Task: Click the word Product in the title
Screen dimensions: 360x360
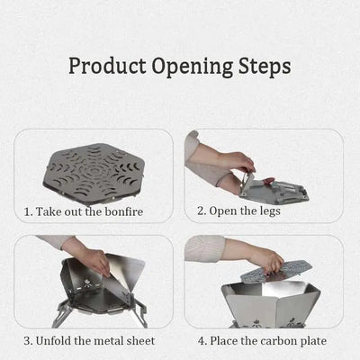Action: tap(107, 66)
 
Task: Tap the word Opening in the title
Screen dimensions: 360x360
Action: tap(193, 67)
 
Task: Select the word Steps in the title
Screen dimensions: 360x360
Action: tap(265, 67)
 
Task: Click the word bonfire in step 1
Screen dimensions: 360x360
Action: tap(124, 211)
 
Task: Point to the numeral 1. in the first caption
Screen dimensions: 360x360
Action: tap(29, 212)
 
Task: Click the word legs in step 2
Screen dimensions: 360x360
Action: tap(270, 211)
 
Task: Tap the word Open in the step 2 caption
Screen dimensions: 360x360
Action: tap(221, 211)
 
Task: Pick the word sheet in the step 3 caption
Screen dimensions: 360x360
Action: tap(140, 341)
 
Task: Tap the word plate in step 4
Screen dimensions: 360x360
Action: tap(312, 342)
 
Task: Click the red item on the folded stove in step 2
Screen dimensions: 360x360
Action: tap(268, 181)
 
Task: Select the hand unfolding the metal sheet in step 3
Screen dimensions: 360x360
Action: tap(90, 256)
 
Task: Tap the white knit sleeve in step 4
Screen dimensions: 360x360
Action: tap(204, 248)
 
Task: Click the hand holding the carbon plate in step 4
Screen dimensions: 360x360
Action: tap(268, 258)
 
